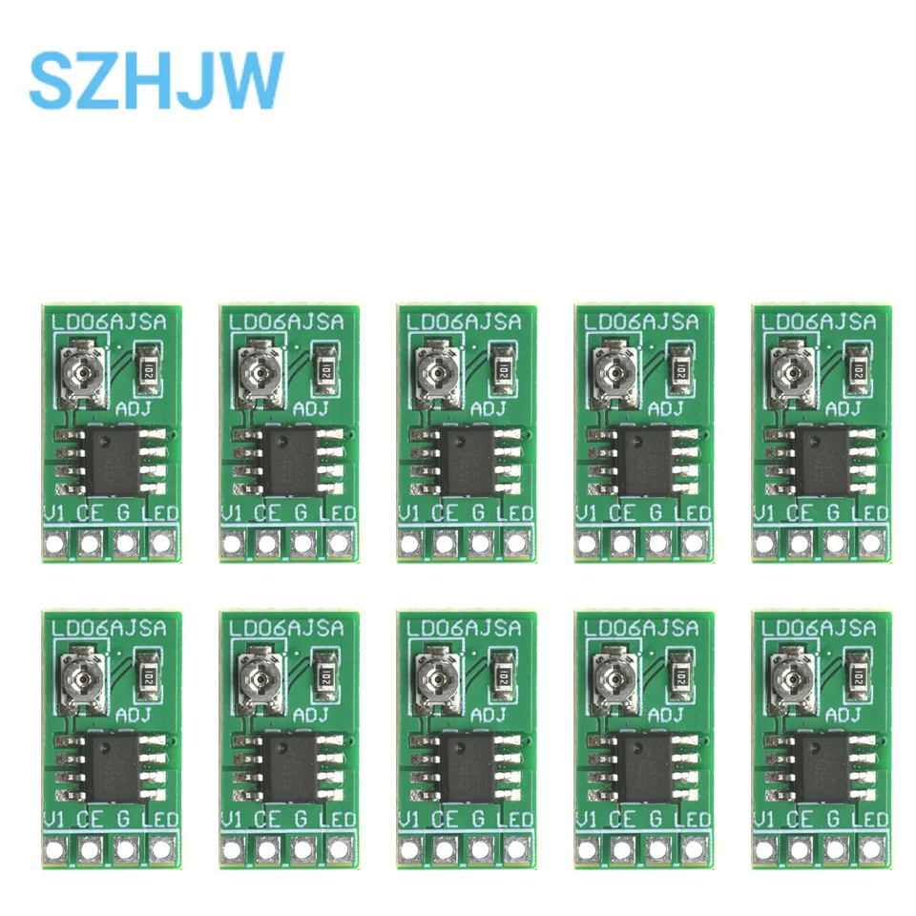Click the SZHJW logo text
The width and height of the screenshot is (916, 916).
pos(156,80)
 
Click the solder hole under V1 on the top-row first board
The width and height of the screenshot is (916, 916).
pos(55,545)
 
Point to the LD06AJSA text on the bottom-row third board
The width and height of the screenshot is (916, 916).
pos(467,629)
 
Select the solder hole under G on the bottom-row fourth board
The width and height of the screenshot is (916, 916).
pos(658,849)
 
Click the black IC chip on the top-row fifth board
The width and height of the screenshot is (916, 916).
pos(822,460)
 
